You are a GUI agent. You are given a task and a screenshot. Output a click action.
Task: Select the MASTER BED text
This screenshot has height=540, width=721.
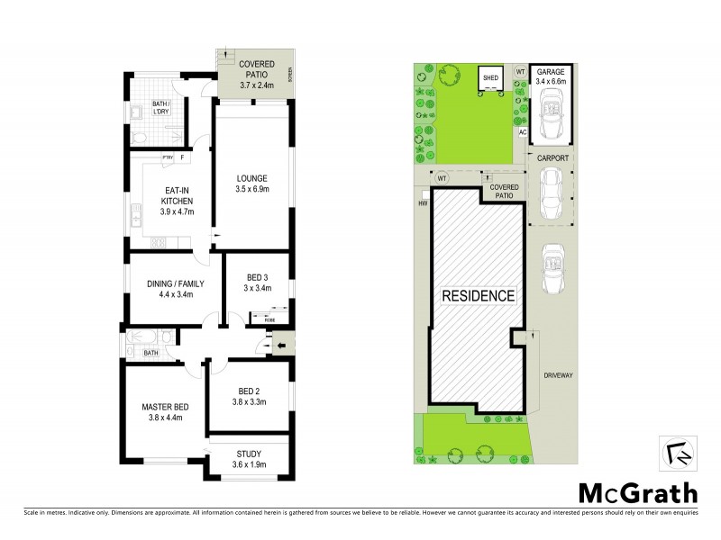(x=162, y=406)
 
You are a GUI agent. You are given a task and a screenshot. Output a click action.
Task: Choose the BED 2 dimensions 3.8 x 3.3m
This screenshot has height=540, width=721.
(x=248, y=401)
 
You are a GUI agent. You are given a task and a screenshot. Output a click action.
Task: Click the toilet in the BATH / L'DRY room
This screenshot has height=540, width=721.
(x=137, y=138)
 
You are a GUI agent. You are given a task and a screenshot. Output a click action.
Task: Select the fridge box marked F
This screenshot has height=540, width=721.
(x=183, y=158)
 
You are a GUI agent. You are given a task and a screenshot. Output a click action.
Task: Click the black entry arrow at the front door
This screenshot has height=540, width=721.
(x=280, y=345)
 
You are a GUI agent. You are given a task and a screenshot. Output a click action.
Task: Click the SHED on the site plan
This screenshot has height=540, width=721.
(x=490, y=78)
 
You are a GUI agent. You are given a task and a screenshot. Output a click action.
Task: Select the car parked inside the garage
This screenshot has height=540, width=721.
(x=549, y=114)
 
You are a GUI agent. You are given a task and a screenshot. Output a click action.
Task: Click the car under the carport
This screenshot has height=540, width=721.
(x=549, y=193)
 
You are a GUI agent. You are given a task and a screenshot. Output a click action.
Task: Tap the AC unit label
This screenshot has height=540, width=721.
(x=522, y=132)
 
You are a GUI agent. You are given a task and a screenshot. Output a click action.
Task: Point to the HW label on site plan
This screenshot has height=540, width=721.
(x=423, y=203)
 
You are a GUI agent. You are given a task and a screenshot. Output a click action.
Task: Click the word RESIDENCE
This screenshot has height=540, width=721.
(x=477, y=295)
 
